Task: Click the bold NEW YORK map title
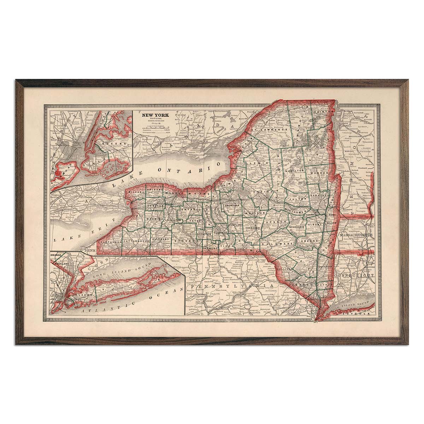pyautogui.click(x=155, y=115)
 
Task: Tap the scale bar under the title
pyautogui.click(x=155, y=126)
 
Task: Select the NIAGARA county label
pyautogui.click(x=135, y=191)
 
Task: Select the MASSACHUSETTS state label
pyautogui.click(x=356, y=235)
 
